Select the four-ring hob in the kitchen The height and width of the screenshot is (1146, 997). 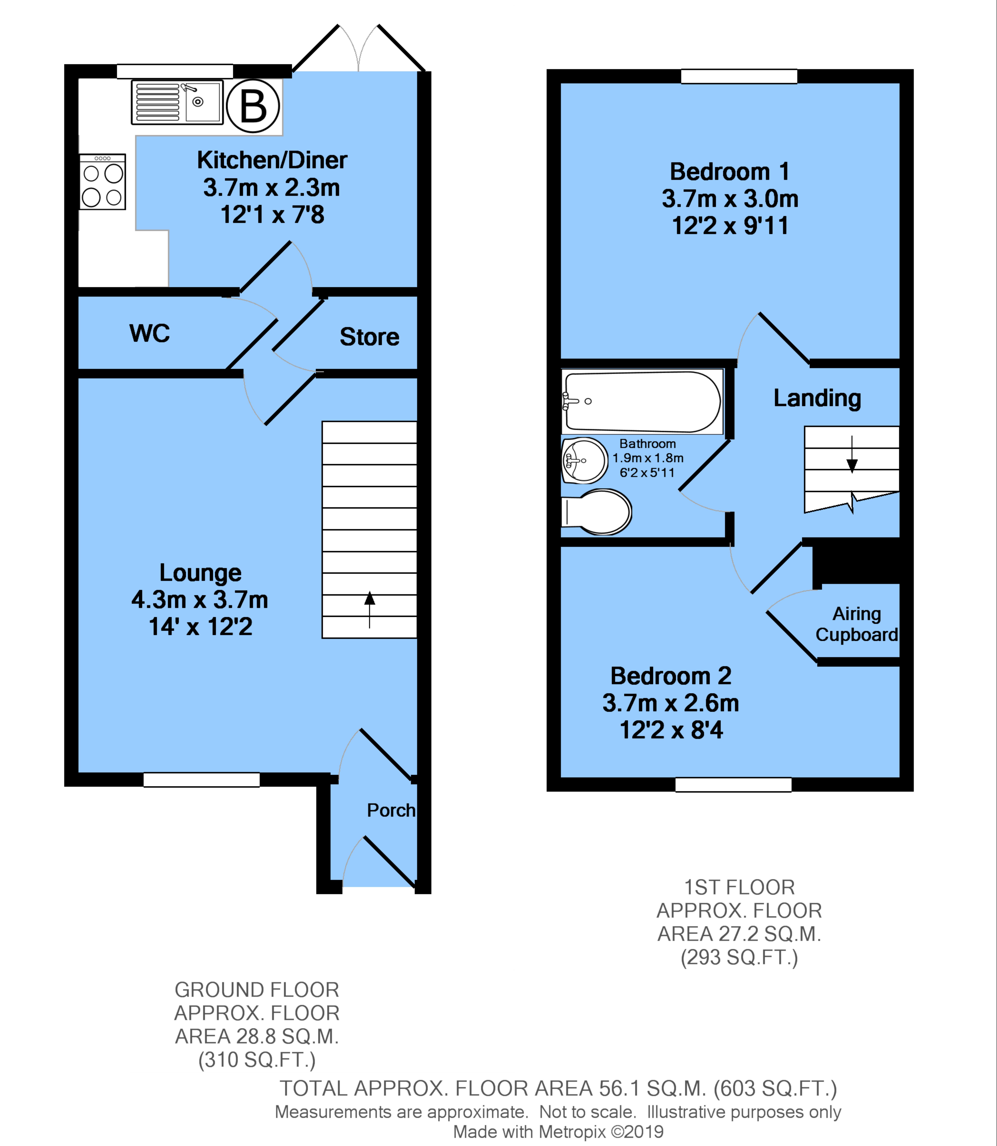coord(102,182)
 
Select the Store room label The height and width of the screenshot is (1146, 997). coord(369,337)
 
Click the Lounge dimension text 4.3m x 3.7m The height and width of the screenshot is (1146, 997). coord(200,600)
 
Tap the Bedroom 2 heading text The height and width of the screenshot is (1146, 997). coord(671,676)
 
